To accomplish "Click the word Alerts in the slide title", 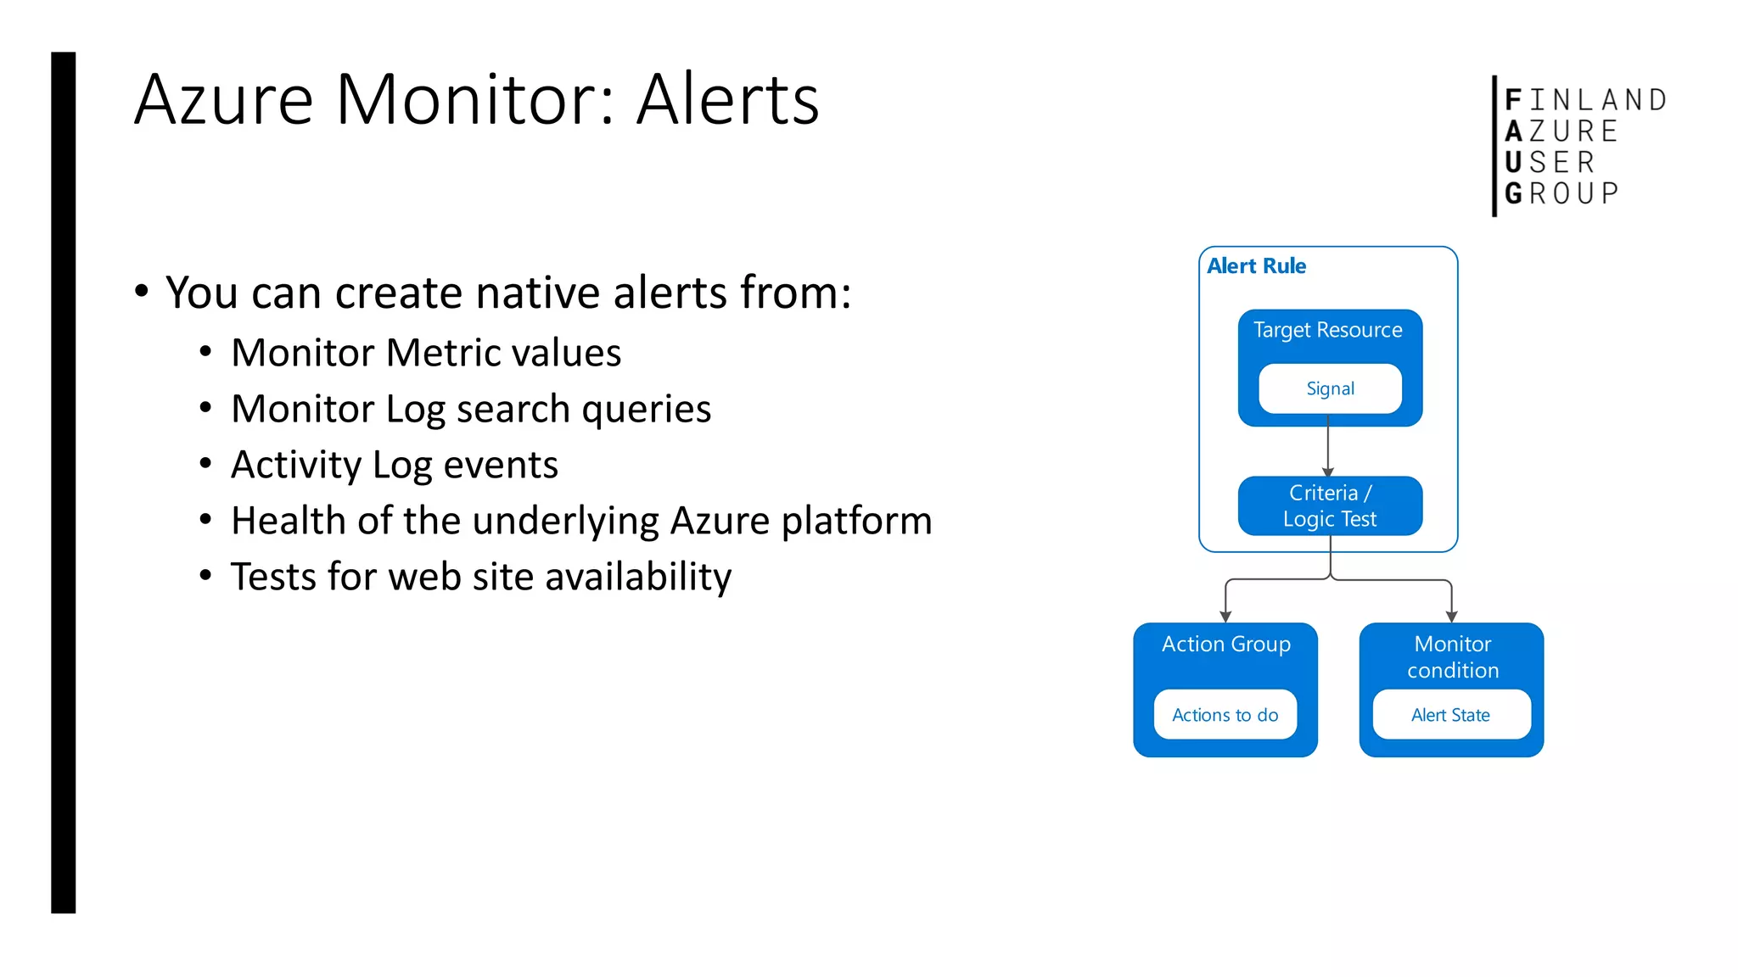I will tap(727, 100).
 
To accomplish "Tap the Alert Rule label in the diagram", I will tap(1256, 266).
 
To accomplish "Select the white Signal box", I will tap(1330, 388).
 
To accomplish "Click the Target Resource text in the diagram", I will tap(1327, 330).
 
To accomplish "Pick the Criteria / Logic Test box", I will tap(1330, 505).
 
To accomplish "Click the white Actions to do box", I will tap(1225, 715).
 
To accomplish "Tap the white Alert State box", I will tap(1450, 715).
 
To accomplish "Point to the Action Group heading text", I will tap(1225, 645).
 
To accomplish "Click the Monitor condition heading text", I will tap(1452, 657).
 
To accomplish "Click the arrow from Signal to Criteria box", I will tap(1328, 449).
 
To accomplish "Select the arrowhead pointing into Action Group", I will tap(1225, 617).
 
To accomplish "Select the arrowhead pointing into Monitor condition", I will tap(1452, 617).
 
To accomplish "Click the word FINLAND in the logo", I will tap(1585, 100).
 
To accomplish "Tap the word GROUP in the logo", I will tap(1561, 193).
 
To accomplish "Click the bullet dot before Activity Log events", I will tap(205, 464).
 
